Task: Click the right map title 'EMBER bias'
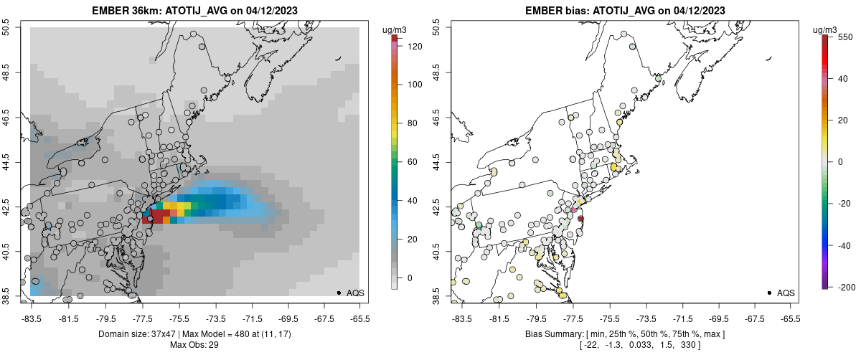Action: coord(549,11)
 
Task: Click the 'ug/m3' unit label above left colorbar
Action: coord(395,29)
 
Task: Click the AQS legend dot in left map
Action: coord(338,293)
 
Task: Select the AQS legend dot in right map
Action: coord(768,293)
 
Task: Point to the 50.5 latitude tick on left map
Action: coord(7,27)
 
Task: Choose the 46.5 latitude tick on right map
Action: coord(438,117)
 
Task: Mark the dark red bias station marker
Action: coord(581,218)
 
